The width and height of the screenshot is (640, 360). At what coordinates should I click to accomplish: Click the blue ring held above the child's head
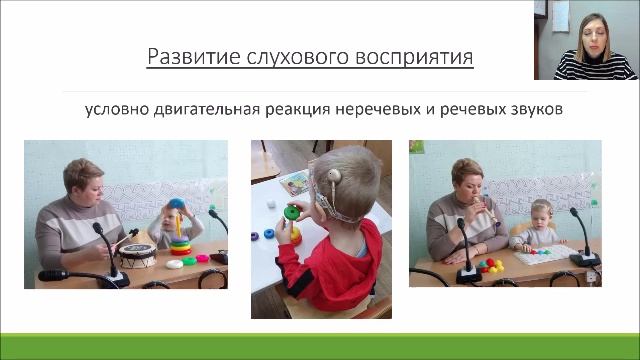pyautogui.click(x=177, y=205)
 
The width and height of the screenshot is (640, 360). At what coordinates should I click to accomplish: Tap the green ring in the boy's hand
pyautogui.click(x=293, y=212)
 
